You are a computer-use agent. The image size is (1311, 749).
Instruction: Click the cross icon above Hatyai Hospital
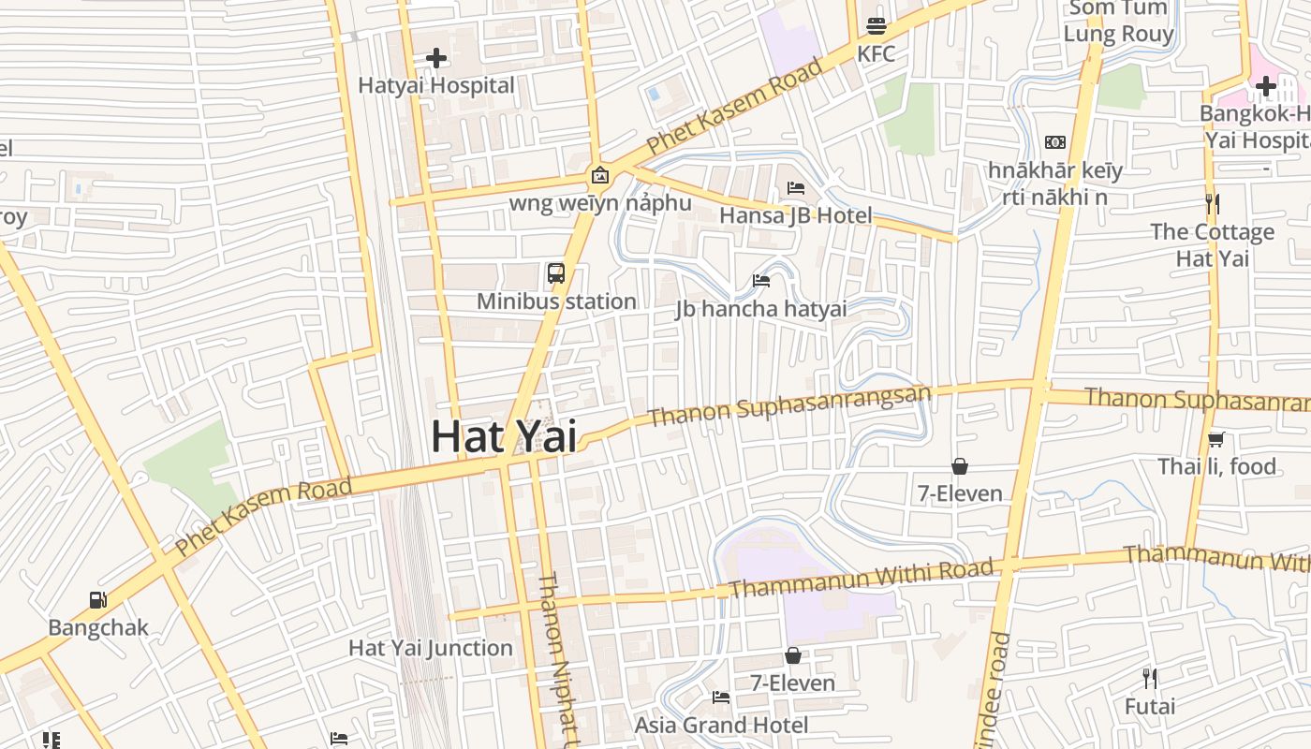[435, 58]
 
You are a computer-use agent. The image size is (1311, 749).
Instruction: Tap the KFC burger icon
[876, 25]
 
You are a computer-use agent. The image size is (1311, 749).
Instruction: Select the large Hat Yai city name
[503, 436]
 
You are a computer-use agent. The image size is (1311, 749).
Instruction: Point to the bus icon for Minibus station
[556, 273]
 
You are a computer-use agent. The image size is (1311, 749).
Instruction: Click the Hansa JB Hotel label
[795, 215]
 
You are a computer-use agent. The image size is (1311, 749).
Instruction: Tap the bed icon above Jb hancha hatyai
[761, 281]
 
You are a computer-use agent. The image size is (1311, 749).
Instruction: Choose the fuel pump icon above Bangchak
[97, 600]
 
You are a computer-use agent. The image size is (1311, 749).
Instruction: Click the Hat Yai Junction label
[431, 648]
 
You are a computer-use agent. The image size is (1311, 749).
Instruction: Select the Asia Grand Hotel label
[721, 725]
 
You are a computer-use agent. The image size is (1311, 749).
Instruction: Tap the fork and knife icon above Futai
[1150, 679]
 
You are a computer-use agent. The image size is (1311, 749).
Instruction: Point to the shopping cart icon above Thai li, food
[1216, 439]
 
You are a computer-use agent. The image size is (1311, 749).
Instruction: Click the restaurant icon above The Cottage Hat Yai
[1213, 203]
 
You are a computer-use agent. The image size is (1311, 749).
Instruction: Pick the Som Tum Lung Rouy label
[1118, 22]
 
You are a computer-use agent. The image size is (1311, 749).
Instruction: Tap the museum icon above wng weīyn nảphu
[599, 175]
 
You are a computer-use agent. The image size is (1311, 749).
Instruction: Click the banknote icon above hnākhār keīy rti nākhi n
[1055, 142]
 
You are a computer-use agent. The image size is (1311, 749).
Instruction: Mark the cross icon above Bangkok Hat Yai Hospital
[1266, 86]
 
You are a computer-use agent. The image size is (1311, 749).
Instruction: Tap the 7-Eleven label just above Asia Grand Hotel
[792, 683]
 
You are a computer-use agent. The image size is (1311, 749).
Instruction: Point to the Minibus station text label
[556, 301]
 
